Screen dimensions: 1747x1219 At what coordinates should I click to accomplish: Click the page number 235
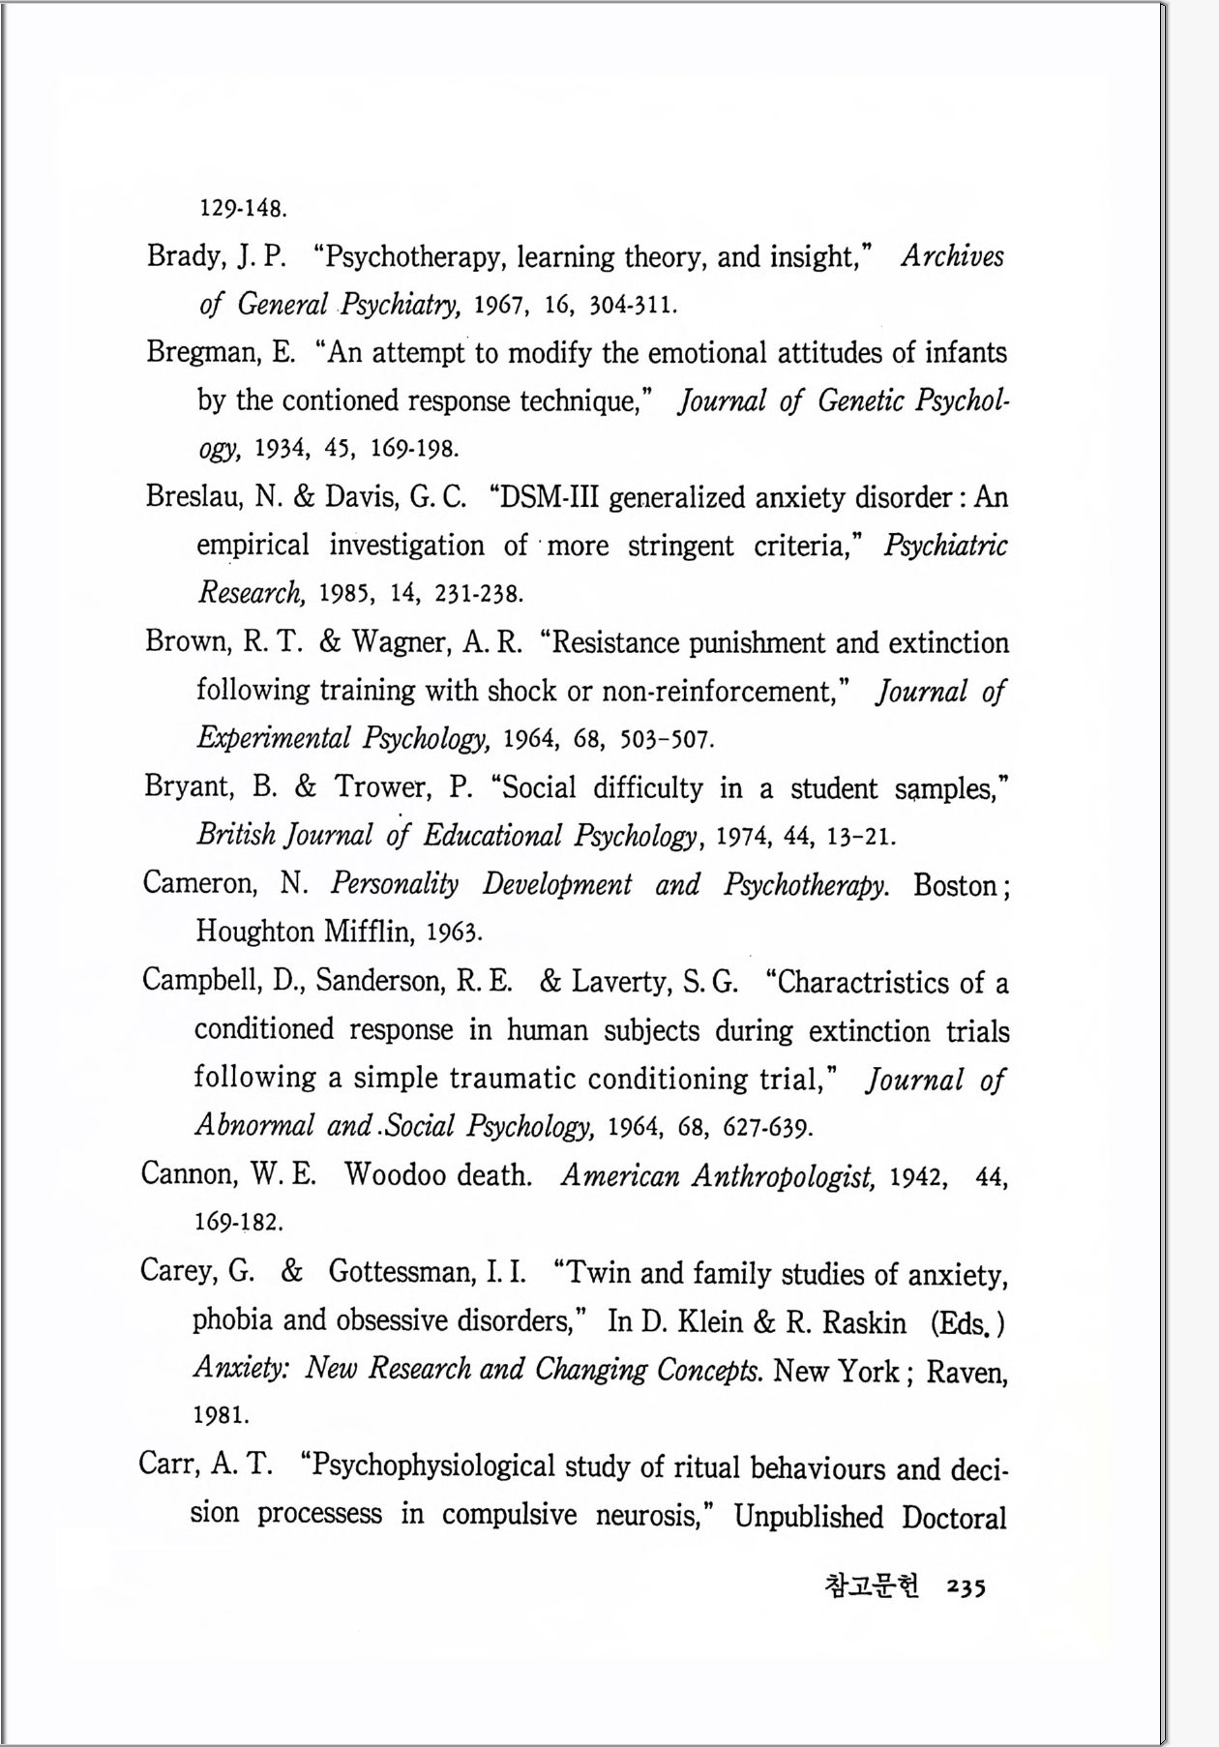(x=966, y=1587)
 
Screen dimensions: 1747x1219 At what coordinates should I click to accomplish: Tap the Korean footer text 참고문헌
(x=871, y=1587)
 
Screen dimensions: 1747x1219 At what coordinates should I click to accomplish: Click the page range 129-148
(x=243, y=208)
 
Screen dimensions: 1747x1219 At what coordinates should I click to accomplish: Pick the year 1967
(x=499, y=306)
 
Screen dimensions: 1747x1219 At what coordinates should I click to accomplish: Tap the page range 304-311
(x=633, y=306)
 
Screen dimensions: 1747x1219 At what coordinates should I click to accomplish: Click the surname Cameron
(x=199, y=883)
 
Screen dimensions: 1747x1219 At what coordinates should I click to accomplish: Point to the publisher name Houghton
(x=254, y=932)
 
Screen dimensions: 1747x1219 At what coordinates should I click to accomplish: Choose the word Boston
(x=956, y=885)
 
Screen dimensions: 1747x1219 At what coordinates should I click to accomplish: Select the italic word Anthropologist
(x=784, y=1176)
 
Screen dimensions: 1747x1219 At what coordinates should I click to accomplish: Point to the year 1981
(x=221, y=1415)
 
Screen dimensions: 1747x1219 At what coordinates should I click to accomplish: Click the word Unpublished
(x=809, y=1516)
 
